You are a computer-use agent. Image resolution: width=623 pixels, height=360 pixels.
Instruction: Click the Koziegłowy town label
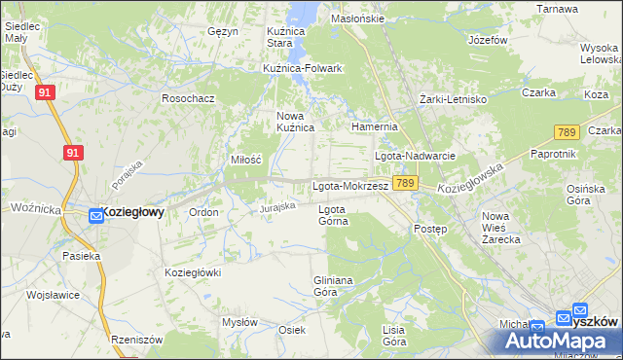tap(134, 211)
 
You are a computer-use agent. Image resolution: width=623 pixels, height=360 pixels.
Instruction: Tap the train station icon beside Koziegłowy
tap(95, 216)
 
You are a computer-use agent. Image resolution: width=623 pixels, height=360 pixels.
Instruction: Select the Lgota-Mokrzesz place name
tap(350, 185)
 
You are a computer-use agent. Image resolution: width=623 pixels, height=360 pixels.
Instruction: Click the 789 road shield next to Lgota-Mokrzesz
tap(407, 183)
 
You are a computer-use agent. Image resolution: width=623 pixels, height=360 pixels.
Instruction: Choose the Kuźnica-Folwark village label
tap(302, 68)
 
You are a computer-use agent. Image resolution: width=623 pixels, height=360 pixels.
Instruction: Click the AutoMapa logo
tap(553, 340)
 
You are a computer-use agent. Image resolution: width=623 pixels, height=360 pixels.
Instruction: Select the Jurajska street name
tap(276, 207)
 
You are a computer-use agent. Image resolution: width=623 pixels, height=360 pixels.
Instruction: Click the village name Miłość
tap(245, 160)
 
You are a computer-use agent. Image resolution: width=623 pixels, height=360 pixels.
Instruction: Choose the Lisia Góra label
tap(393, 336)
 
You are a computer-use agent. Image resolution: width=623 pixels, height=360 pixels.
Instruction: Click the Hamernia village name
tap(375, 126)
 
